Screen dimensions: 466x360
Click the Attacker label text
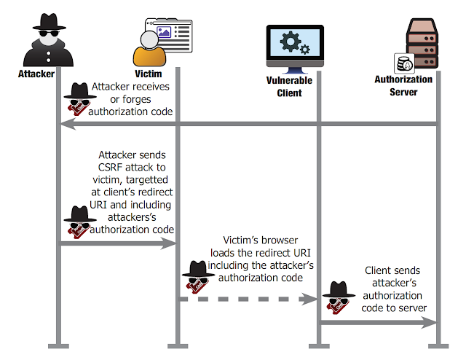[36, 74]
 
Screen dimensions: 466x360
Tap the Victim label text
[149, 74]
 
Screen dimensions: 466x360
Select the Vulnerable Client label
[289, 87]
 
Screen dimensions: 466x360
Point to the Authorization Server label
[403, 86]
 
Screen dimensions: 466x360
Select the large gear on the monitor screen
[290, 42]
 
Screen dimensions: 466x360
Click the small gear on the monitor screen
[305, 49]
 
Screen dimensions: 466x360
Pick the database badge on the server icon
[404, 63]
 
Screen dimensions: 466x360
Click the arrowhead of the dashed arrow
[309, 299]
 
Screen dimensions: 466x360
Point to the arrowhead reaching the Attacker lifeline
[68, 124]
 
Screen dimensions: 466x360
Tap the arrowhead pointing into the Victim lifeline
[168, 243]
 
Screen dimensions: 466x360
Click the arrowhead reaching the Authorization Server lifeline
[429, 323]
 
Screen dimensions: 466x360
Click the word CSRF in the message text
[110, 167]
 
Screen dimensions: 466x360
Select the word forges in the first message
[136, 99]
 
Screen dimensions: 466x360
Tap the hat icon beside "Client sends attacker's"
[339, 297]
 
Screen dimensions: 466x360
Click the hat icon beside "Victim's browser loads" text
[198, 277]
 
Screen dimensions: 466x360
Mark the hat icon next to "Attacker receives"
[80, 99]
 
